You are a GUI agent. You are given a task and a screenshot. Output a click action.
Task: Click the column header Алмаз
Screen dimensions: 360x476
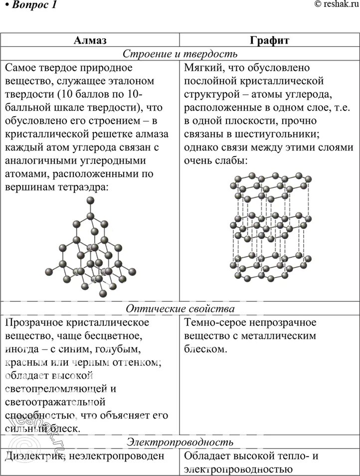coord(90,40)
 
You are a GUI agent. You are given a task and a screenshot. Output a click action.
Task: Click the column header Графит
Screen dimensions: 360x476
coord(269,40)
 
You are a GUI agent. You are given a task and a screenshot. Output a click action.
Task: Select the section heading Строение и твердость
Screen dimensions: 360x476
coord(180,53)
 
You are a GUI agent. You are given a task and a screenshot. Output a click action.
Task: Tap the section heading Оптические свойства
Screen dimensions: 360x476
coord(180,309)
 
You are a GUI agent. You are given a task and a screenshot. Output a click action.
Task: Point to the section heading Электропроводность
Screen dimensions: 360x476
coord(180,442)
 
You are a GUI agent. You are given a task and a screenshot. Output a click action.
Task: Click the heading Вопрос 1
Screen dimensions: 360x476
coord(31,6)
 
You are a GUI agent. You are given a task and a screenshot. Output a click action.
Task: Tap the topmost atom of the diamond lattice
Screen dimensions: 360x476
coord(90,201)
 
